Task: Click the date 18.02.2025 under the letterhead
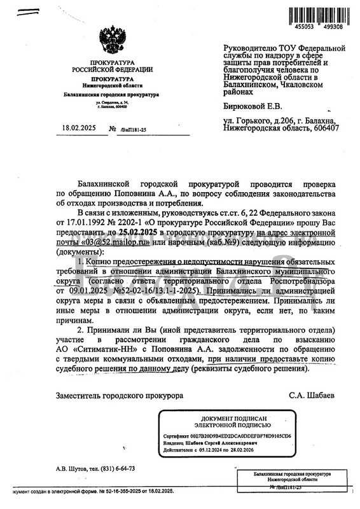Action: tap(80, 129)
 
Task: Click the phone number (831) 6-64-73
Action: tap(117, 468)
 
